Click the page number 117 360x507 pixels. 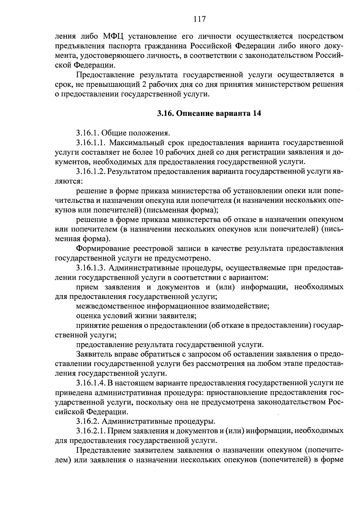point(199,19)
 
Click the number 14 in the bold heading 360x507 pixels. point(257,113)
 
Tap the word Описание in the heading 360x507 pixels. point(195,113)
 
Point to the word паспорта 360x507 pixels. point(171,46)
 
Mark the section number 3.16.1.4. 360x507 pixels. point(90,382)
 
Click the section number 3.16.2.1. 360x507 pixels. point(90,431)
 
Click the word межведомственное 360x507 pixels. point(109,306)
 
